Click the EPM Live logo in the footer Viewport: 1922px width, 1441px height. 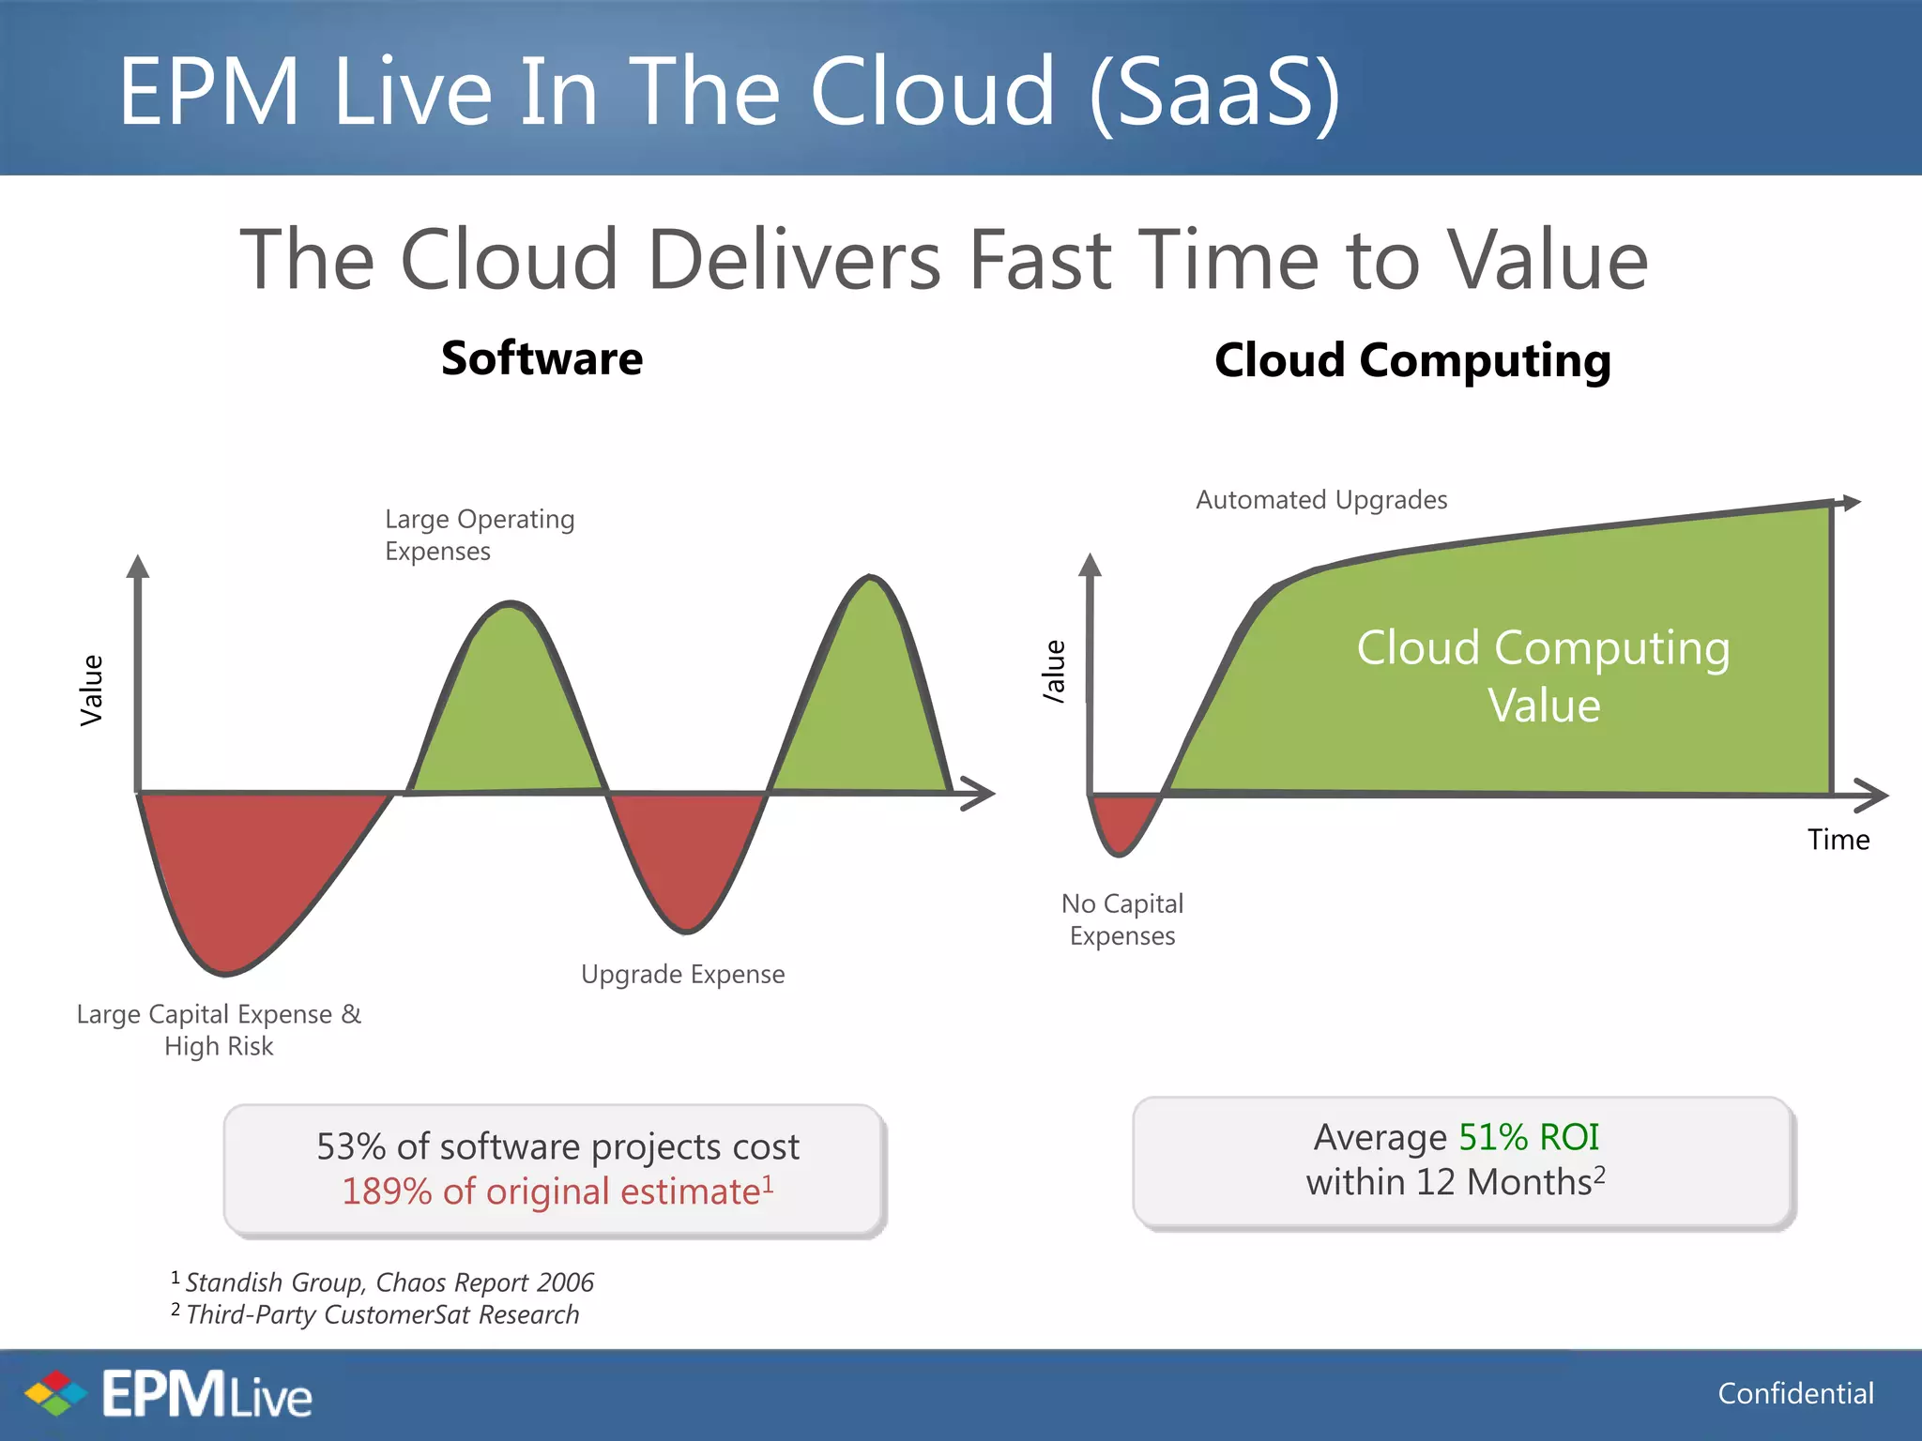coord(169,1394)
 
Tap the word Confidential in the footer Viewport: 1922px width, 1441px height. coord(1794,1393)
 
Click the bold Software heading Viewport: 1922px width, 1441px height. coord(542,358)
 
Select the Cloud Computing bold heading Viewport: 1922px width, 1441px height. coord(1411,361)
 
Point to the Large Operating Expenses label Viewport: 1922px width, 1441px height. coord(479,535)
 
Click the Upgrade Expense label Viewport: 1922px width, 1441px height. coord(682,974)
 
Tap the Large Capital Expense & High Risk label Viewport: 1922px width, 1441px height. coord(219,1029)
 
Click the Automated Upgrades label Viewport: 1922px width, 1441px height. coord(1320,500)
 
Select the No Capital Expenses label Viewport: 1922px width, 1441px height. coord(1121,919)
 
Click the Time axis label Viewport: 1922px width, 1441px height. coord(1838,840)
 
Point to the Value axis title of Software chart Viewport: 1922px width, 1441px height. coord(91,690)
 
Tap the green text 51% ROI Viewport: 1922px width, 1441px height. coord(1528,1137)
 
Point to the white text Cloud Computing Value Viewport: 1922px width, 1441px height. coord(1543,675)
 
